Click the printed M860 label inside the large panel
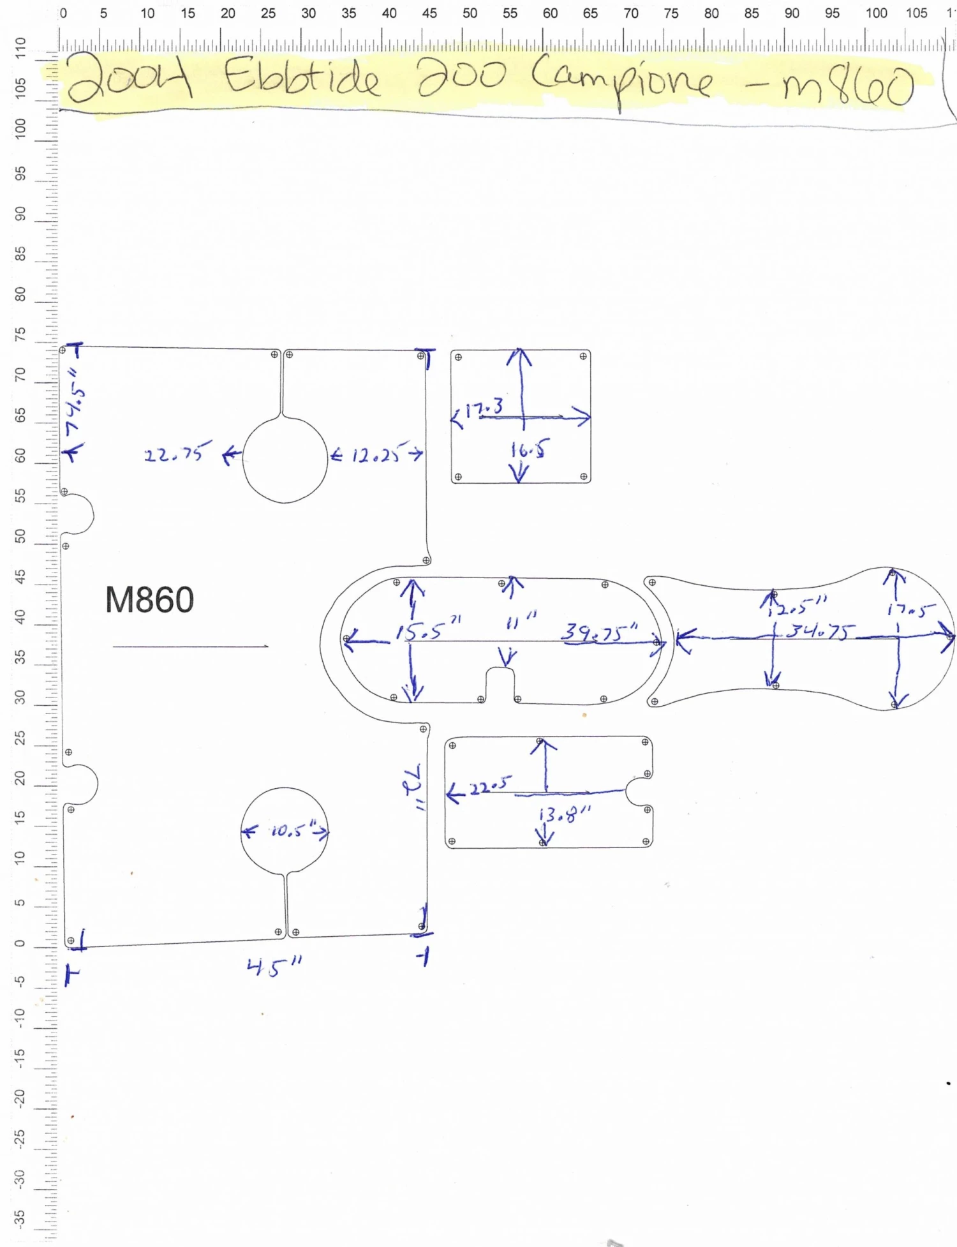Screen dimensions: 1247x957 click(149, 600)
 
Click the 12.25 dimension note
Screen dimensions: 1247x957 click(376, 454)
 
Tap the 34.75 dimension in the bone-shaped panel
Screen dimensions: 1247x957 click(820, 631)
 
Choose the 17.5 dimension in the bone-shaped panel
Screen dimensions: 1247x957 click(911, 610)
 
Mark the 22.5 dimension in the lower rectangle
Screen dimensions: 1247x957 click(491, 785)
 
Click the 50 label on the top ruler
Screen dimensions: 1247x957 click(470, 13)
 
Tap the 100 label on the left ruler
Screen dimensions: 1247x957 click(20, 129)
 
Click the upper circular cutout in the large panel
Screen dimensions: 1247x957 click(285, 459)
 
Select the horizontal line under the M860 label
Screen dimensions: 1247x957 click(190, 646)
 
